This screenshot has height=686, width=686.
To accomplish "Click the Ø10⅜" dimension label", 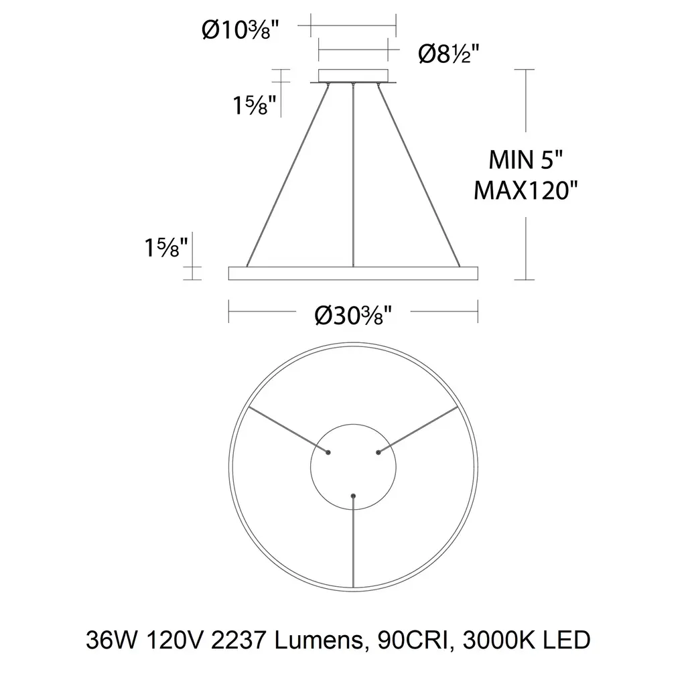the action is (241, 31).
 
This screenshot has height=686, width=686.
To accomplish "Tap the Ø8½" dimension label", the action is (449, 54).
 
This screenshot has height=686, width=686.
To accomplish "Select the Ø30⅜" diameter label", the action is (353, 315).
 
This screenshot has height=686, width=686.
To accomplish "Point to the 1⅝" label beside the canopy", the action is (255, 105).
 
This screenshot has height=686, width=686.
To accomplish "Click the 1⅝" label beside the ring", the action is (166, 247).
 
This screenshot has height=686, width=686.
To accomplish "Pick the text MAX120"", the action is (526, 190).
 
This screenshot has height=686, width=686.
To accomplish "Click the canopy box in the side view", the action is (353, 76).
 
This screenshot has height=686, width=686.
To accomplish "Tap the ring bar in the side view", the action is (353, 273).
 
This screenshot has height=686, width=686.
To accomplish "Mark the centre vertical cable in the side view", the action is (353, 175).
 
